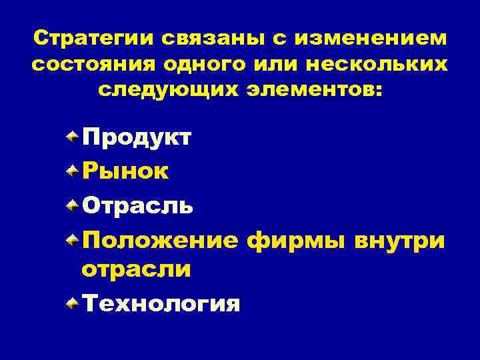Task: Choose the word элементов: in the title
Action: (308, 91)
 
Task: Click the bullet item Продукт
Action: (137, 138)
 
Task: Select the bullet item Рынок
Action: (125, 172)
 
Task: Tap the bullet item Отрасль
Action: (138, 205)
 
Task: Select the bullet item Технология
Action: (160, 304)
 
